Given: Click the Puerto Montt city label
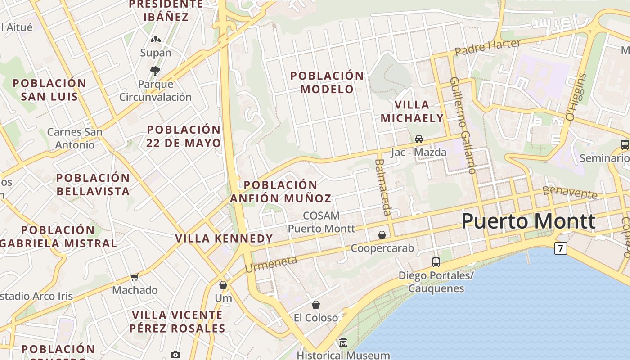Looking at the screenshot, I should click(528, 221).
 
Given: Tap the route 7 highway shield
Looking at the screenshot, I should click(560, 248).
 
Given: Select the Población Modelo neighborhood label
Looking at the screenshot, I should click(327, 82).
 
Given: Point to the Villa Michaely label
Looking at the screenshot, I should click(412, 112).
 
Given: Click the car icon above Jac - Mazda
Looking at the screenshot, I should click(419, 139).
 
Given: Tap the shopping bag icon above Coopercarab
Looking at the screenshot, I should click(382, 235).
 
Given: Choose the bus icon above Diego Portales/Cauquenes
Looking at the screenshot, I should click(436, 262).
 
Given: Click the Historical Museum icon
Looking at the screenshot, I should click(343, 342).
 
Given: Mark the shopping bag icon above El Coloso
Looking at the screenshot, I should click(316, 305).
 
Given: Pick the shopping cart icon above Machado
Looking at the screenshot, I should click(134, 277).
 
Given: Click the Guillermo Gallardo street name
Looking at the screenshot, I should click(463, 125).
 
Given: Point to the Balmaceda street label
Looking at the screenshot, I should click(383, 187).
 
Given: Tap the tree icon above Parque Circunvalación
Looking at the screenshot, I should click(155, 71).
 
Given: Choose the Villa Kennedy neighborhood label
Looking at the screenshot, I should click(224, 238).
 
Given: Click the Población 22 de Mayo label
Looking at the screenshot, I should click(184, 136).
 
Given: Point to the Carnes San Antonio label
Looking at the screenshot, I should click(75, 139).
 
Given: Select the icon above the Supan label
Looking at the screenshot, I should click(156, 40).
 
